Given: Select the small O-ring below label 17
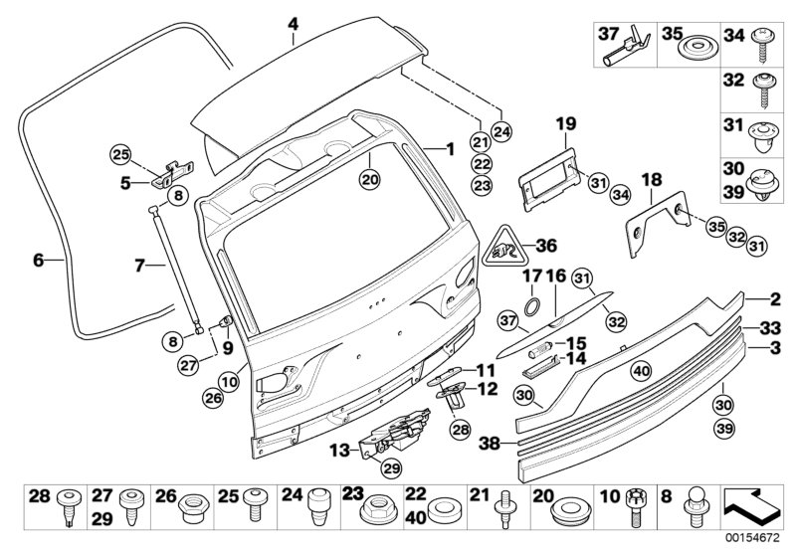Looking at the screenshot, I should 532,304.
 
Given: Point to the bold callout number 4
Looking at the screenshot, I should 293,23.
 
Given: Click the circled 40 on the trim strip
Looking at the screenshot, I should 641,371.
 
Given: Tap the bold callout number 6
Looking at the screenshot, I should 38,261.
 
